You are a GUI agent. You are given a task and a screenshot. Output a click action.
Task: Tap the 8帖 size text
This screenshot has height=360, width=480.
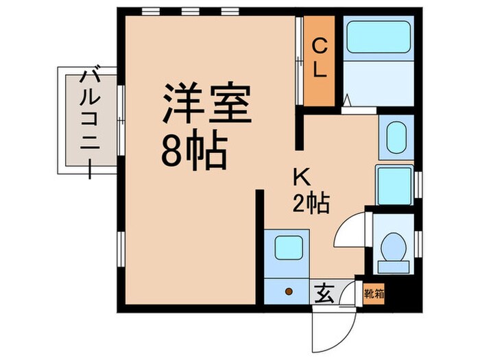pyautogui.click(x=194, y=152)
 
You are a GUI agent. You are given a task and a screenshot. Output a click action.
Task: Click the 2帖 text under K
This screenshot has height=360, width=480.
pyautogui.click(x=311, y=202)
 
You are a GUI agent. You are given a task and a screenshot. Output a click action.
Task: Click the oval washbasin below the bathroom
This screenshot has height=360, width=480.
pyautogui.click(x=395, y=138)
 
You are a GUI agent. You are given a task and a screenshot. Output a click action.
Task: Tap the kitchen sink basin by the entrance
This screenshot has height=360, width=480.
pyautogui.click(x=288, y=245)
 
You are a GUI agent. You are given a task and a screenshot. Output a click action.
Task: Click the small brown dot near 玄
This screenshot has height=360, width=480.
pyautogui.click(x=289, y=291)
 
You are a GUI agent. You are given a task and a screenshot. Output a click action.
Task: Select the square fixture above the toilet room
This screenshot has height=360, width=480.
pyautogui.click(x=394, y=183)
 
